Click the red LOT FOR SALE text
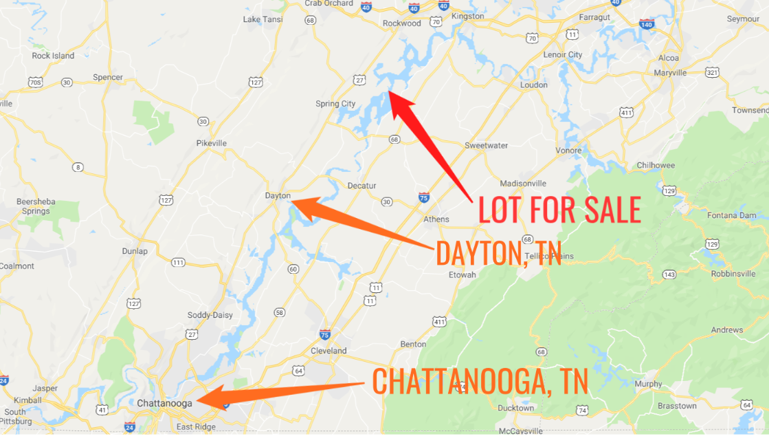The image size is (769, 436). [x=559, y=210]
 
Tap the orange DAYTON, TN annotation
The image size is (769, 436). [x=498, y=254]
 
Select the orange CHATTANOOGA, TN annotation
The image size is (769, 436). [x=480, y=382]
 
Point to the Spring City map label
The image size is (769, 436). [x=335, y=104]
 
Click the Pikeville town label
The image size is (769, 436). [x=211, y=143]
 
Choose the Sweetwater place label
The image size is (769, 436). [x=486, y=146]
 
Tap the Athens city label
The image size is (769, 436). [x=436, y=219]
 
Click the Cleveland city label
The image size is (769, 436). [x=328, y=351]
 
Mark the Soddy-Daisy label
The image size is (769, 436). [x=210, y=316]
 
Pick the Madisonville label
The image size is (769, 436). [x=523, y=184]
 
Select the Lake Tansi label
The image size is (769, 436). [x=261, y=19]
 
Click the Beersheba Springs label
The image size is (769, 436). [x=36, y=206]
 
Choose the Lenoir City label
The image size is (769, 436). [x=562, y=54]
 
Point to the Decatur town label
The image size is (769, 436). [x=361, y=186]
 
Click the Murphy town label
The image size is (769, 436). [x=648, y=384]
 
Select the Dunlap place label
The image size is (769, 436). [x=135, y=251]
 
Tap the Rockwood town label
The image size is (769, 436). [x=402, y=23]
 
